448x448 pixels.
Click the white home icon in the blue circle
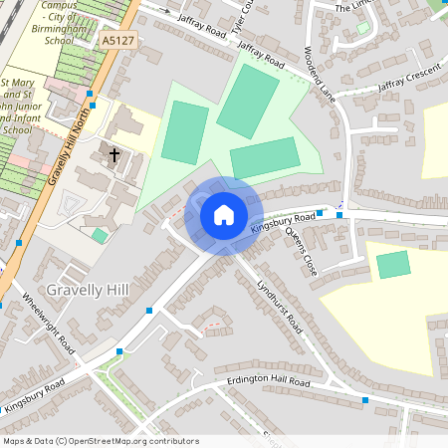click(223, 215)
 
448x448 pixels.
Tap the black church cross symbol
click(114, 155)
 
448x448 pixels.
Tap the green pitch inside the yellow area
click(393, 265)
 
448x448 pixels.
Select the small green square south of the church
click(100, 236)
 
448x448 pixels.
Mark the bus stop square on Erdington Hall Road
click(365, 400)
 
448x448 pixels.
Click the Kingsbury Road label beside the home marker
click(283, 222)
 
